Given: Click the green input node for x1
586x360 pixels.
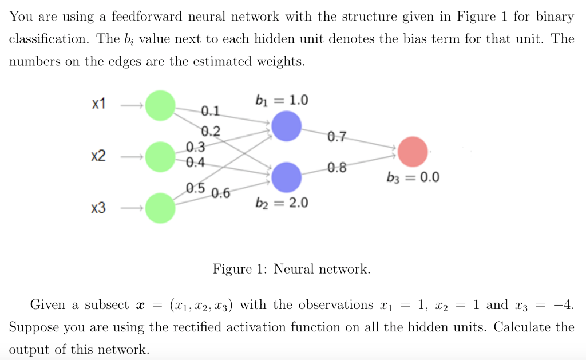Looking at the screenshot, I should [161, 106].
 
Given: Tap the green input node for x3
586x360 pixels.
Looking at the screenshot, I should [161, 207].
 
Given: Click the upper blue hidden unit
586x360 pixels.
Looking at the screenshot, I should [286, 126].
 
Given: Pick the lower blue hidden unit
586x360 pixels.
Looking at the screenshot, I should [286, 177].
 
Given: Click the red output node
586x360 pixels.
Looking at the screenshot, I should [413, 151].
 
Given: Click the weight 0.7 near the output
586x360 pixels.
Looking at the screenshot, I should [337, 137].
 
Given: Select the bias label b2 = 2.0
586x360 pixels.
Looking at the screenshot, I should [281, 203].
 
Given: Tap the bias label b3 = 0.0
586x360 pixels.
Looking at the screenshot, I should [413, 177].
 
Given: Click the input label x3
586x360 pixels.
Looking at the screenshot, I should [98, 208].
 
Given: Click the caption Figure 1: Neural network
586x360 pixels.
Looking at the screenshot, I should [291, 269].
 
